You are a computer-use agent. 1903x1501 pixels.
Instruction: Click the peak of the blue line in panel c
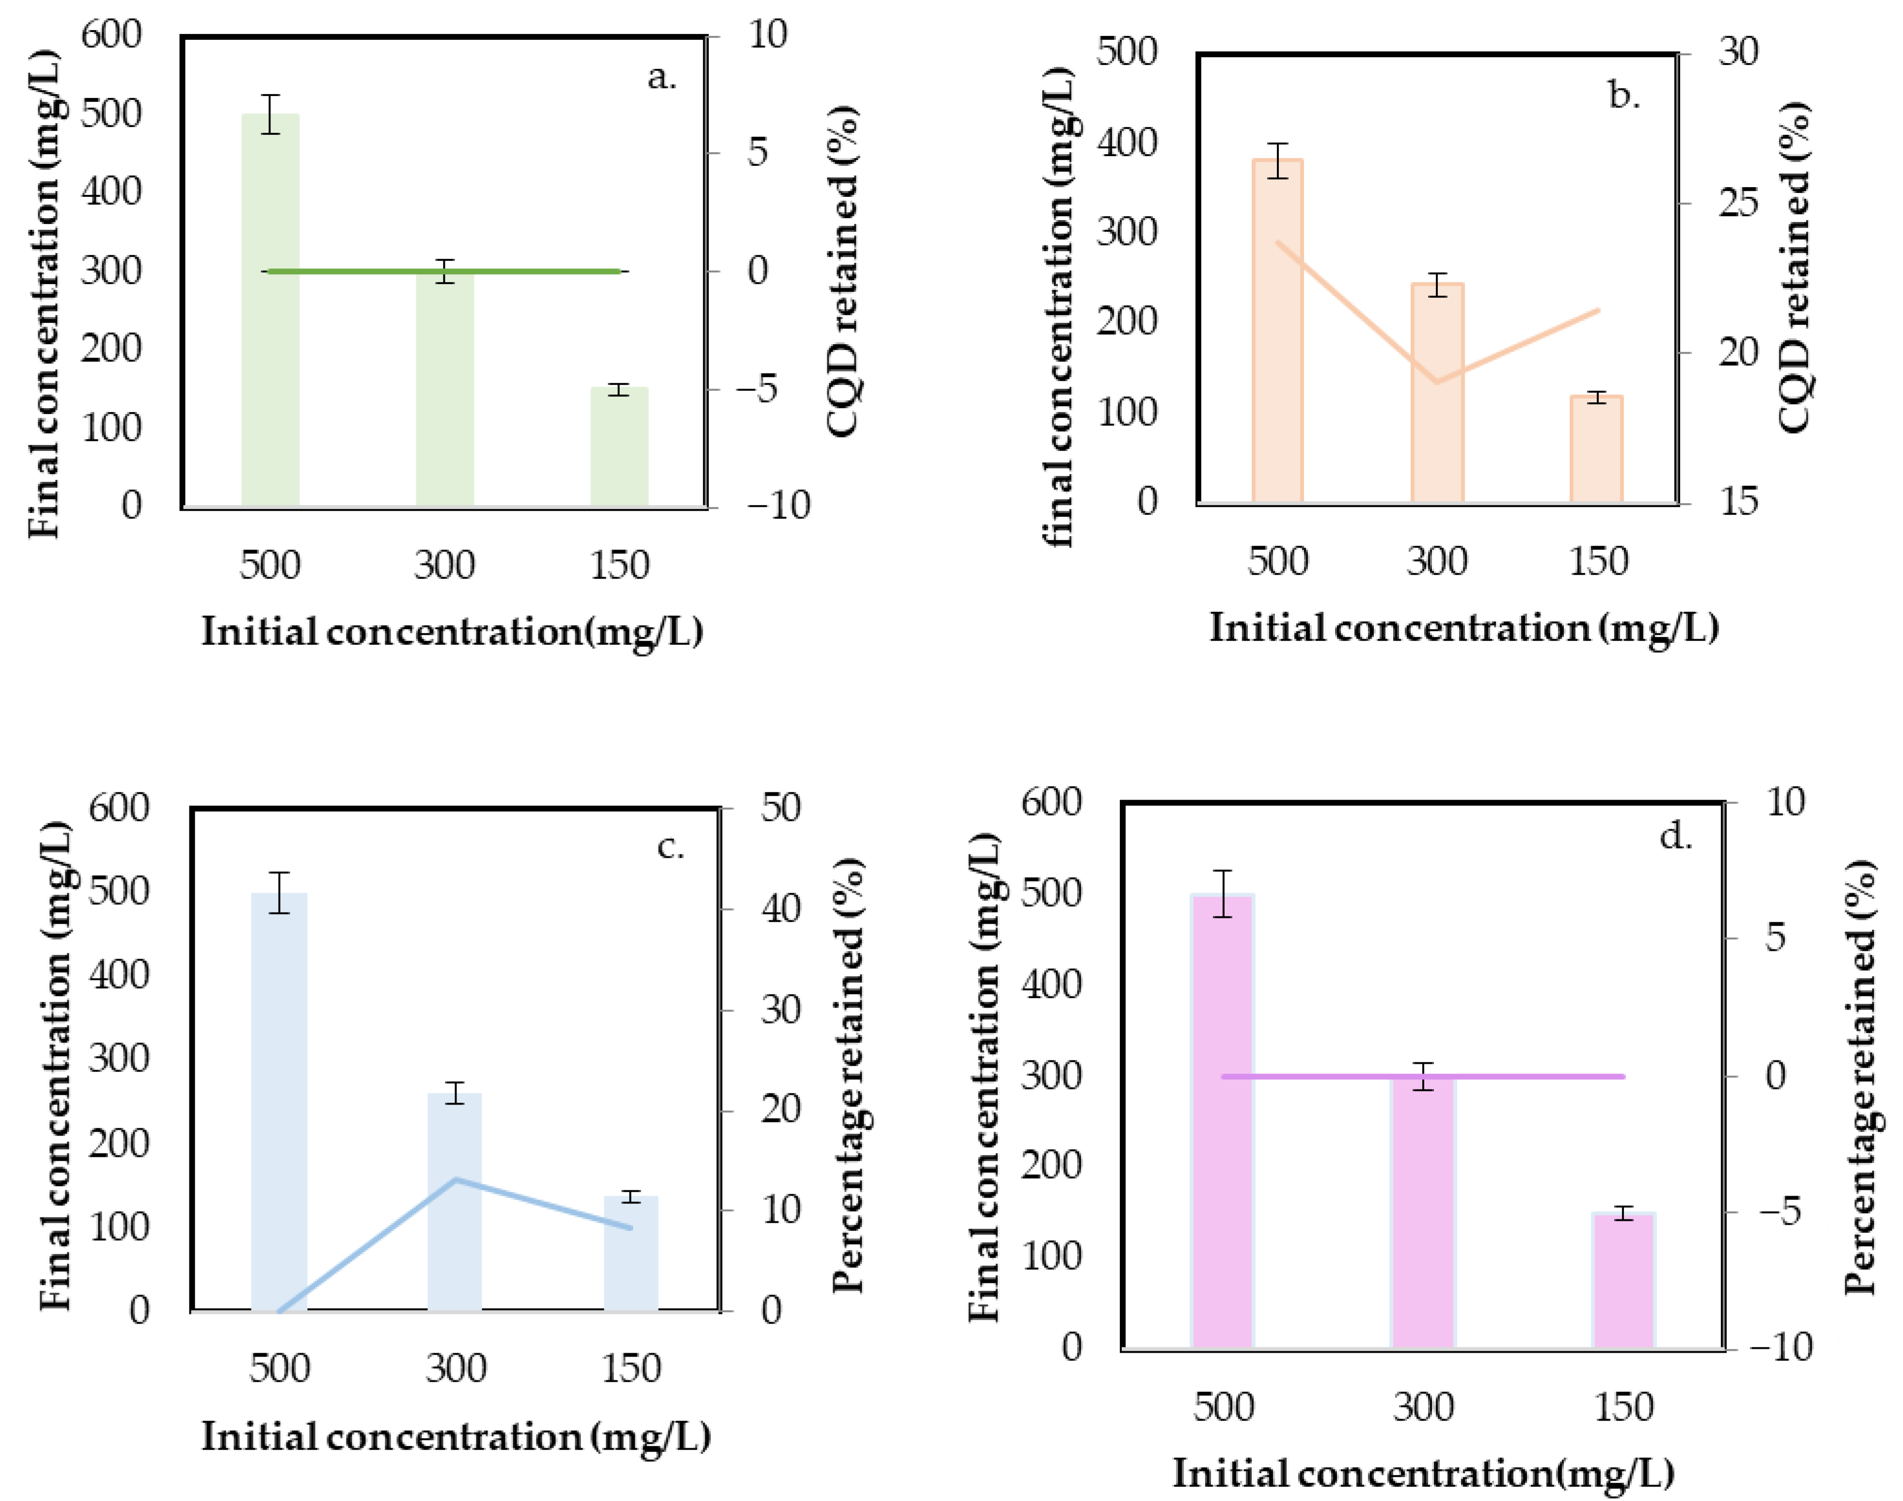tap(456, 1179)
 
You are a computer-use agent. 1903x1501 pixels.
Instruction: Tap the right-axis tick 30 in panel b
tap(1738, 53)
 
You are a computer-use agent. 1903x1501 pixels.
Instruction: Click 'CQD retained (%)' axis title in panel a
tap(842, 270)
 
